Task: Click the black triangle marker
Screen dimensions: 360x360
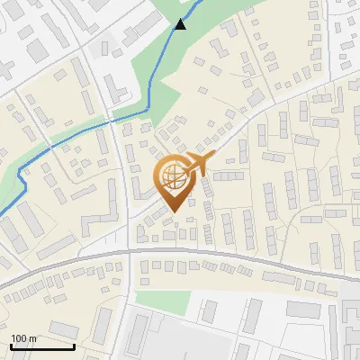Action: (x=181, y=24)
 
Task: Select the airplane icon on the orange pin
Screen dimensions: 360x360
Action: (x=197, y=165)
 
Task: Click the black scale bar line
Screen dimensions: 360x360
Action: (x=41, y=347)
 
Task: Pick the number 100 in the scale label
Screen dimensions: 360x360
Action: (x=19, y=338)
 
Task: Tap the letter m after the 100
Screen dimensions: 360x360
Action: (x=31, y=338)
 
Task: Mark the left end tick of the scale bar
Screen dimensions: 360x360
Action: (x=10, y=346)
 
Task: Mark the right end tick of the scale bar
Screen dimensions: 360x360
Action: (x=73, y=346)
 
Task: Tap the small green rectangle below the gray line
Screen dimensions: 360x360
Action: (x=175, y=301)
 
